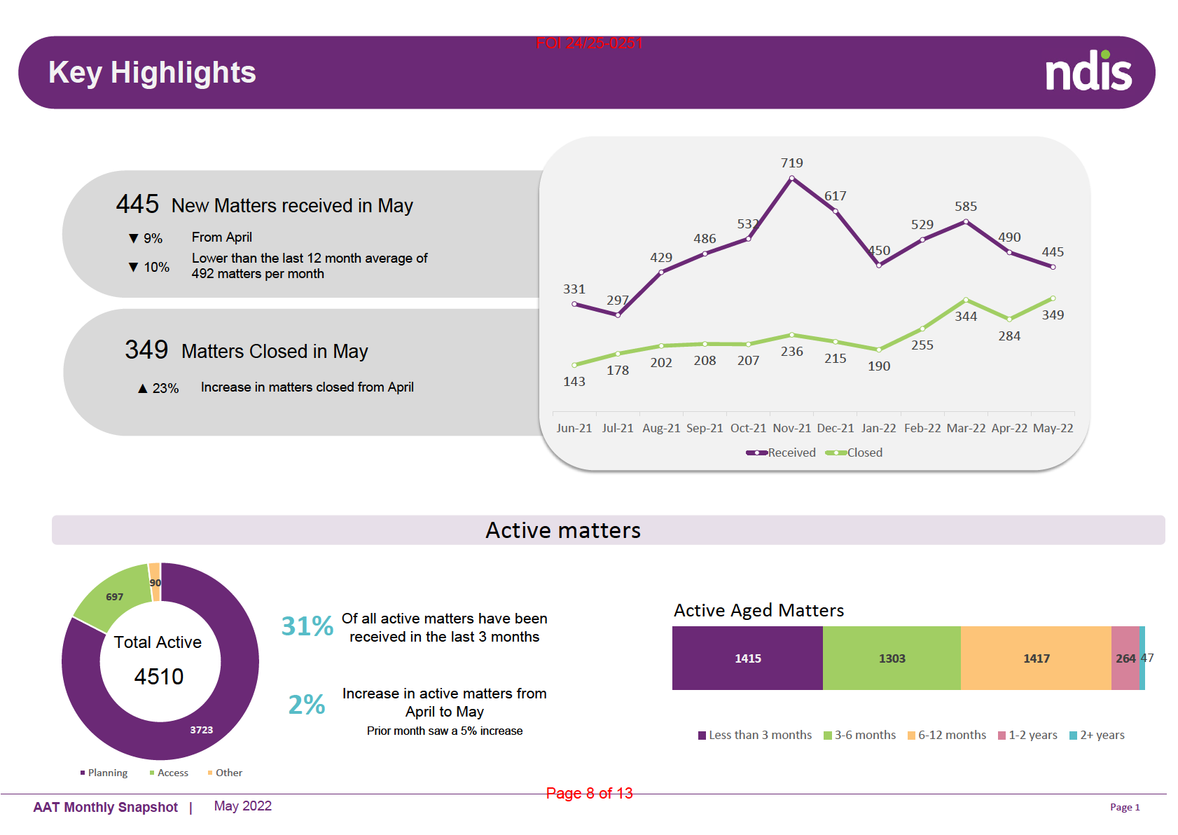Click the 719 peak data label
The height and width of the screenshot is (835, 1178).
point(791,163)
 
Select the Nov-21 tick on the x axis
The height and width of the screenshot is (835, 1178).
point(791,428)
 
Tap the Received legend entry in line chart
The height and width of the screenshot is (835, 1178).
point(782,453)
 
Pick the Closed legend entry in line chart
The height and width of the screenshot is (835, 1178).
point(855,453)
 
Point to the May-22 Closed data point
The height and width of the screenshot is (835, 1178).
point(1053,298)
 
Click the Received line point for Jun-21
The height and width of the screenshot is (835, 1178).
point(574,304)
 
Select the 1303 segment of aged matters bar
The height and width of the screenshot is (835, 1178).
point(892,658)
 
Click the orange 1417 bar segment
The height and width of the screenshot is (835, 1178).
point(1036,658)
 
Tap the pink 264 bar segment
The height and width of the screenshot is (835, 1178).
point(1125,658)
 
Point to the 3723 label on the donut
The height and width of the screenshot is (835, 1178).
point(202,730)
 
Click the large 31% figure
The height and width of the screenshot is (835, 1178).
point(307,626)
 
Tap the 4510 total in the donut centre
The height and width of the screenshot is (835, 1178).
point(159,677)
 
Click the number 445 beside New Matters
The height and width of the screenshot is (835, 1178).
point(137,205)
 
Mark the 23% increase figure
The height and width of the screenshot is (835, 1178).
point(165,388)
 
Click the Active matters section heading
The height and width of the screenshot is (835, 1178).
point(563,530)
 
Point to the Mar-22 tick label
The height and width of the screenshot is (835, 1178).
point(966,428)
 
